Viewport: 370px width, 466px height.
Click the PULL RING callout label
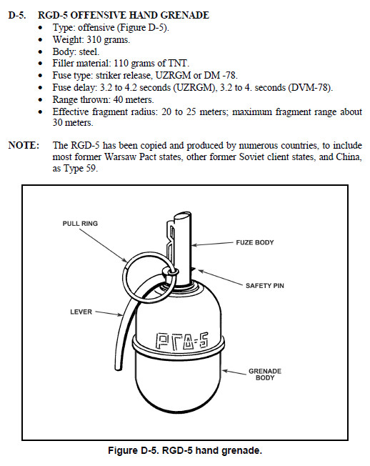80,224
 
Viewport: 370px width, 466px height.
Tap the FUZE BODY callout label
255,242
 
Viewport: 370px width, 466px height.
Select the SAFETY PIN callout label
264,286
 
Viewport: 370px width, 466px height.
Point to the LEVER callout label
81,312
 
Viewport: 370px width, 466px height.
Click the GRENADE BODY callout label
265,375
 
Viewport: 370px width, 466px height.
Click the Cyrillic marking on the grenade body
181,341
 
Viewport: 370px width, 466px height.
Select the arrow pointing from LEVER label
109,314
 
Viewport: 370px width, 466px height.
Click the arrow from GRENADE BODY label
234,372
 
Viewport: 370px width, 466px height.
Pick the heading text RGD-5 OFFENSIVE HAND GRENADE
124,15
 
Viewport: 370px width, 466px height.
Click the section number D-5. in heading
17,15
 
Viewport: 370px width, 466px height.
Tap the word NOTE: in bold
24,145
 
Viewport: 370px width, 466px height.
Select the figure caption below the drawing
185,450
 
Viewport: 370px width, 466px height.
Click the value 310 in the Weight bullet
94,39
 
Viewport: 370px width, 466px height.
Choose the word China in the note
349,157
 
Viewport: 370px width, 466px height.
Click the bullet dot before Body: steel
41,52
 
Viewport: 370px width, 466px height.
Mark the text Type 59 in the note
80,169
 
